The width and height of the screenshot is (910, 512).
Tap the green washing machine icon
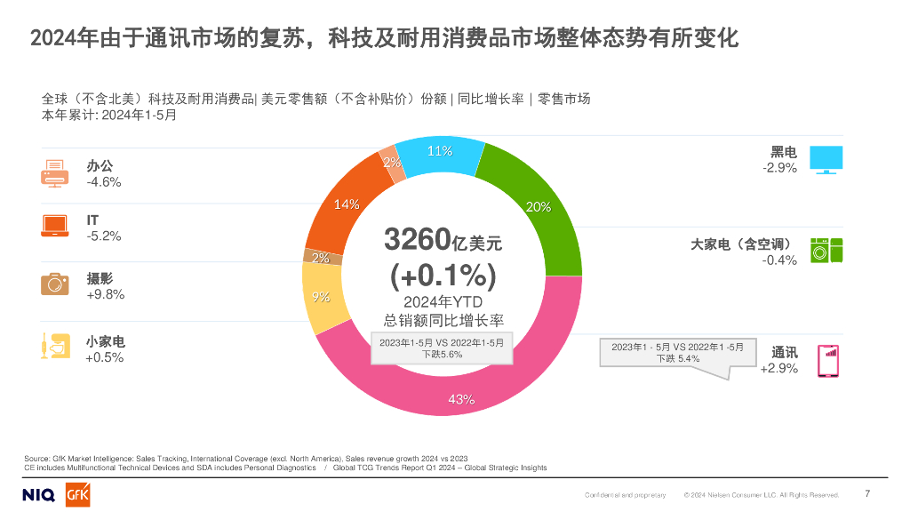[826, 250]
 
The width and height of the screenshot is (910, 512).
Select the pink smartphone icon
[827, 360]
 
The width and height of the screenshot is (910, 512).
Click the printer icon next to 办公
[55, 172]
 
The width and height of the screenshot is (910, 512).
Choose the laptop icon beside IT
[55, 226]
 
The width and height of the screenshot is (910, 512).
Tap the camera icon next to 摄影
[55, 284]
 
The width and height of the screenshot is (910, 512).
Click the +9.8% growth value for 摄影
[105, 294]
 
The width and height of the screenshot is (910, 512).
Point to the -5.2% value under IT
[104, 236]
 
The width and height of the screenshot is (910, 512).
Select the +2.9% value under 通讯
[778, 368]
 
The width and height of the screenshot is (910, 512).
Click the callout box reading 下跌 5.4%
[677, 352]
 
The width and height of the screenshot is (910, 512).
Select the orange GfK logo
[77, 495]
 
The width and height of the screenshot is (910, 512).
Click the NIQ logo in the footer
[37, 495]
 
